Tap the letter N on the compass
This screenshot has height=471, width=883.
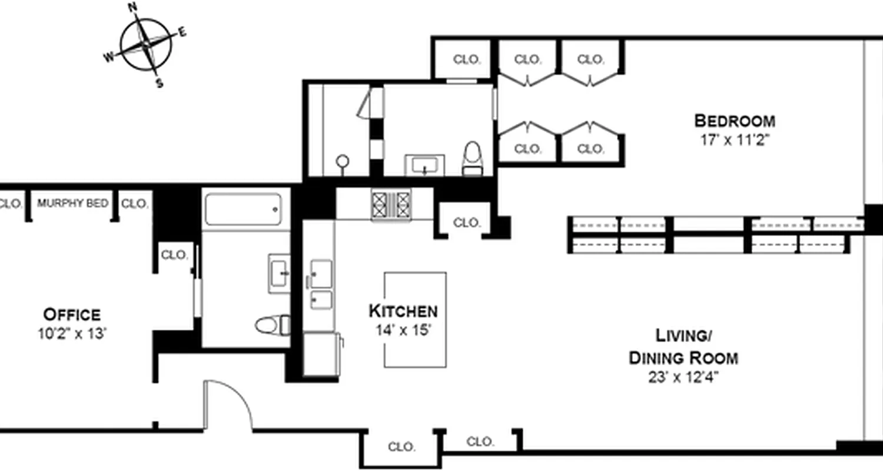point(132,8)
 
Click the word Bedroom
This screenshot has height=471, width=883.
point(734,121)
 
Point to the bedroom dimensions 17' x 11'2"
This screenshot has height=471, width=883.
point(734,140)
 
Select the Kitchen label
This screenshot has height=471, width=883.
point(403,311)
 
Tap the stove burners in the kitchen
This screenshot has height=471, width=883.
point(390,204)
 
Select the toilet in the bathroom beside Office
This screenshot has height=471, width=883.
point(272,324)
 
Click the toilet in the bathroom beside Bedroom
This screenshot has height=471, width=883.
point(472,158)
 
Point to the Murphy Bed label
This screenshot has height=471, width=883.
point(72,204)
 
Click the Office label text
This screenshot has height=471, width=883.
point(72,314)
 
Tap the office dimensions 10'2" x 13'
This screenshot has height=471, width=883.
point(72,334)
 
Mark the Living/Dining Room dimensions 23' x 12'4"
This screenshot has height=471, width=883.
point(683,377)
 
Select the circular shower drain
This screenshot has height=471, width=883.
point(342,161)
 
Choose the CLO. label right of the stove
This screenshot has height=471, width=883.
point(467,223)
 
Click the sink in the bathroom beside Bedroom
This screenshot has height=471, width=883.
point(424,164)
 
